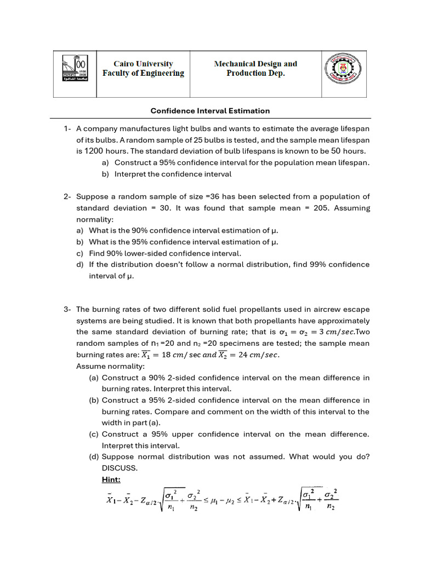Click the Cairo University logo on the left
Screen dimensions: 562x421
(x=75, y=74)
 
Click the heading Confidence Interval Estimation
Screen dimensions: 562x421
(x=210, y=111)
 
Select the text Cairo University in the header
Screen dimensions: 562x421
(x=143, y=64)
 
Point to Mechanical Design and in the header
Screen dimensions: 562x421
(x=255, y=64)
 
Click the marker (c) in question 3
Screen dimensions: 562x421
(x=94, y=434)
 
